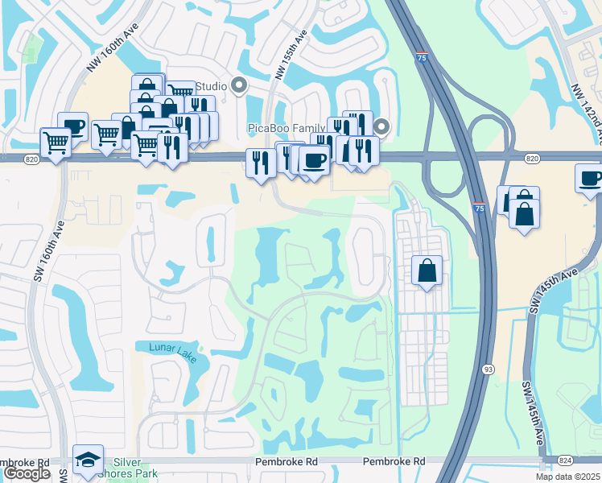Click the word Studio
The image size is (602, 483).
(212, 86)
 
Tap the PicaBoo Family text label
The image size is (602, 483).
(287, 128)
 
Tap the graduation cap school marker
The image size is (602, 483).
(89, 459)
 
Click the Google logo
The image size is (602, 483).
(27, 473)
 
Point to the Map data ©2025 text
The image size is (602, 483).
(568, 477)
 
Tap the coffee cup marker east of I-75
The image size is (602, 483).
(590, 178)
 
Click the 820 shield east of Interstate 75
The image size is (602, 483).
(531, 159)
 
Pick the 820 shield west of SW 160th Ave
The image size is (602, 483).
(31, 159)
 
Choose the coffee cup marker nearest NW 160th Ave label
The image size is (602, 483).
(72, 126)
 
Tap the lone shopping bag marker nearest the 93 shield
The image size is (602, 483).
(427, 270)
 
